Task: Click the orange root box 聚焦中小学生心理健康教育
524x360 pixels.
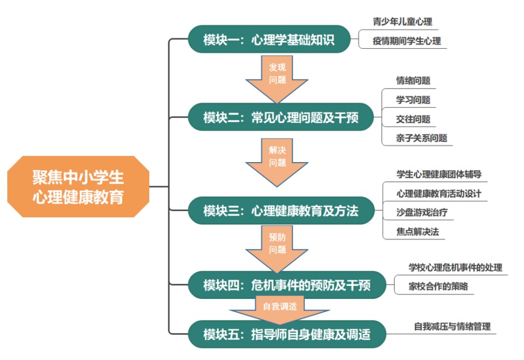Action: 78,187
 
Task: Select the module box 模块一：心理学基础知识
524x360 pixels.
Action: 269,39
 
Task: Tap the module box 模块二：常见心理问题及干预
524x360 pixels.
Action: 281,117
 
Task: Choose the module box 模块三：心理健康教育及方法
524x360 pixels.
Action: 281,210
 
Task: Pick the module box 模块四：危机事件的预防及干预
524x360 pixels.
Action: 287,285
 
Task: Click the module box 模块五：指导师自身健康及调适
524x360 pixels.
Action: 287,334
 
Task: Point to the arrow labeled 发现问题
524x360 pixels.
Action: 277,79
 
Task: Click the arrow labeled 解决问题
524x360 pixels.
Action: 277,162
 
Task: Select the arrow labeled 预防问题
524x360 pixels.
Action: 277,249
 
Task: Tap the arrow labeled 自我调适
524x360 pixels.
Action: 280,310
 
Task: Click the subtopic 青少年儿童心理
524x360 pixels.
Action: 402,22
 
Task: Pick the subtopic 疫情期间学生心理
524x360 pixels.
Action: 407,41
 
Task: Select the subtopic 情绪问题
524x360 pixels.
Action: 413,81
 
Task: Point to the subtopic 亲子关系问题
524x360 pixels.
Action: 421,138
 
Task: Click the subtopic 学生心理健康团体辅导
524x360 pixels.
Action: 439,174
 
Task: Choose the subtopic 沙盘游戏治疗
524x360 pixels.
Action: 422,213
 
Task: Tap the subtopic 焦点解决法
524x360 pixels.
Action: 417,232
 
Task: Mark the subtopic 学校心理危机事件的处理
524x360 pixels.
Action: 455,267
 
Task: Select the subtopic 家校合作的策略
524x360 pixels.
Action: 438,286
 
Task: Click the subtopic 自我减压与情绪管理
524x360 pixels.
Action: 452,326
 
